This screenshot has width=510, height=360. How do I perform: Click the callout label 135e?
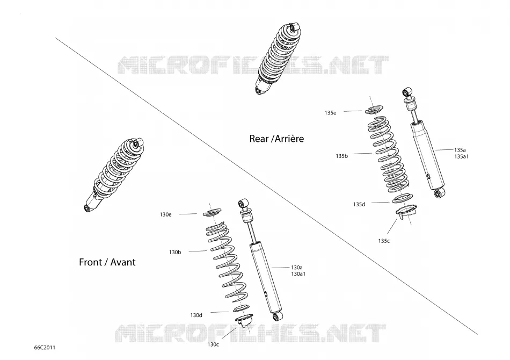330,113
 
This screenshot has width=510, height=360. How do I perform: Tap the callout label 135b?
341,156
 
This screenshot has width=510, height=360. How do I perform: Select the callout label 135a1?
461,156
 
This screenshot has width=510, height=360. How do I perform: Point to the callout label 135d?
359,204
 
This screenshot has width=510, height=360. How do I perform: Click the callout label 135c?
384,241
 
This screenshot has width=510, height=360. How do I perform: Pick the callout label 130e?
165,214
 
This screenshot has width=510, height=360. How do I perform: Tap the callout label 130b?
175,252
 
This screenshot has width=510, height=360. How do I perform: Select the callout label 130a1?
298,274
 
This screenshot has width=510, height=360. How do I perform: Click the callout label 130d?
196,315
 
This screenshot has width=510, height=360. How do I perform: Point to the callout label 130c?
213,344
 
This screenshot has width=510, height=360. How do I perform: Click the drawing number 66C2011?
45,348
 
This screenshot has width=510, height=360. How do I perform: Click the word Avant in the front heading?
123,262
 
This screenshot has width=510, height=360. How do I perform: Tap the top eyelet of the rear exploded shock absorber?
407,91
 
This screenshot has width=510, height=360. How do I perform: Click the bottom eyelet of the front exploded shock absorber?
277,316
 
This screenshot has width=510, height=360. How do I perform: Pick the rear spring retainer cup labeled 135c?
406,211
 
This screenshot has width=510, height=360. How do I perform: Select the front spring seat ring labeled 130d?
242,308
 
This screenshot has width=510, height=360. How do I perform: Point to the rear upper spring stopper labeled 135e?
374,110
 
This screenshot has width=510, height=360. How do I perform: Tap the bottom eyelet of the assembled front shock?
87,208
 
